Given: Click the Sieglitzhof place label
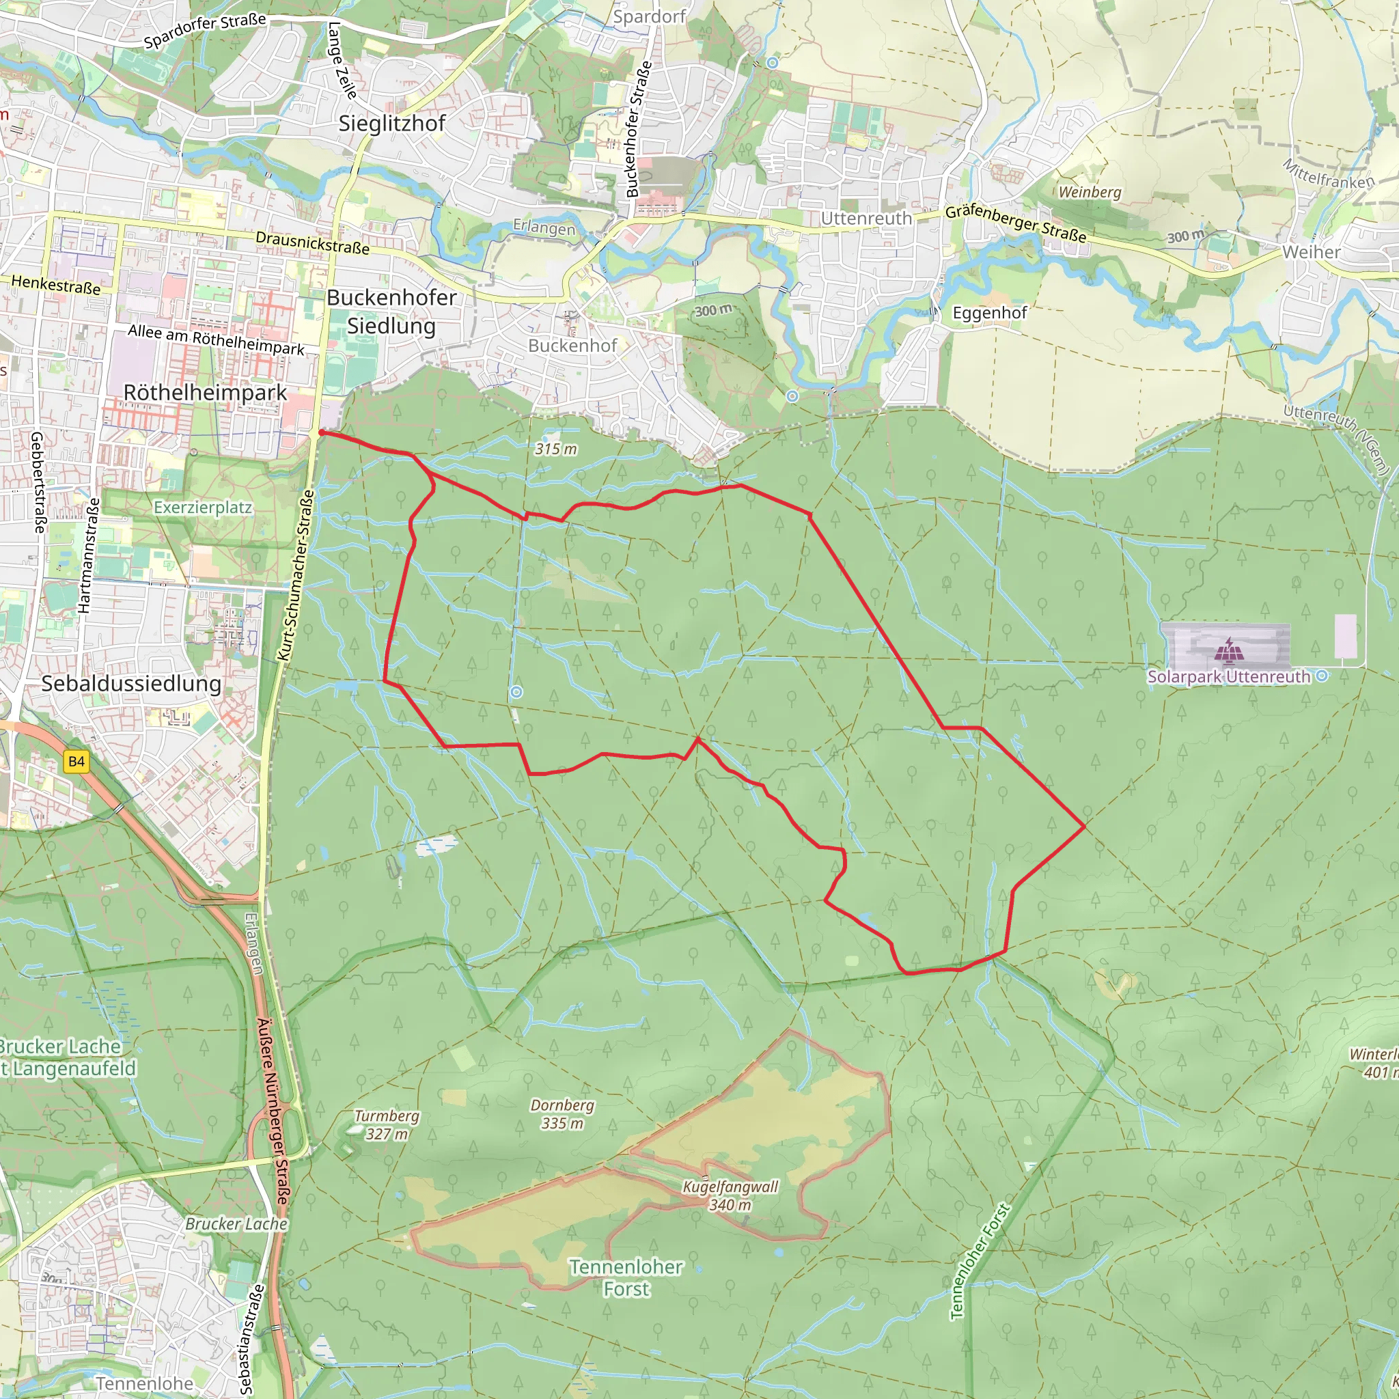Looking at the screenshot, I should (391, 124).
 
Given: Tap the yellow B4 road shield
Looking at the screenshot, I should (76, 761).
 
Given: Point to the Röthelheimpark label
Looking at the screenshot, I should (205, 393).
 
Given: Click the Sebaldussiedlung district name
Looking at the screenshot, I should (131, 684).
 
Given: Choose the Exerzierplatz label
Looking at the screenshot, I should (203, 508).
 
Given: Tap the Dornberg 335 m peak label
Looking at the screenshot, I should (562, 1114).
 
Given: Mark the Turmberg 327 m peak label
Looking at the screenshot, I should (387, 1125).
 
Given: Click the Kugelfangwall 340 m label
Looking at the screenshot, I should (730, 1196).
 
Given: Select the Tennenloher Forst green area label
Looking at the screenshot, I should (626, 1278).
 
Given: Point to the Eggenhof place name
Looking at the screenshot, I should (989, 313).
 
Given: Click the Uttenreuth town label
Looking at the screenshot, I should (866, 219).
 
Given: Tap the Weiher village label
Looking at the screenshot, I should (1311, 252).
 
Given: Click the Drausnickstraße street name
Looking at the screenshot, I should (312, 243).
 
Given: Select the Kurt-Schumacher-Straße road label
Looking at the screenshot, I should (295, 576).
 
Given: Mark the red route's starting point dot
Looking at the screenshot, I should (322, 432).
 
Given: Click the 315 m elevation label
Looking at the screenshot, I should (556, 449).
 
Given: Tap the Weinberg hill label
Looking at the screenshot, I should (1089, 192).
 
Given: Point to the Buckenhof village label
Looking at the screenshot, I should (572, 346).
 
